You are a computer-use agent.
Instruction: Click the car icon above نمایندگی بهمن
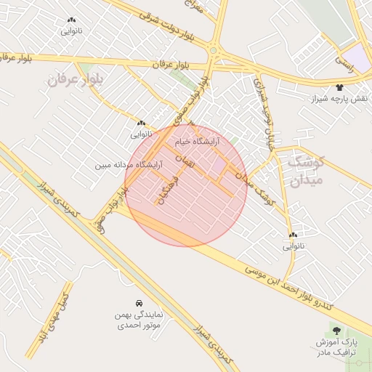coord(139,302)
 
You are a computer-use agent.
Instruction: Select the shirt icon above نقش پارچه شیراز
coord(339,87)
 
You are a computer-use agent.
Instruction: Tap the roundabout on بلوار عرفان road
coord(214,51)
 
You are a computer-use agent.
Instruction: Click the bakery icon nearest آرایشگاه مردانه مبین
coord(141,124)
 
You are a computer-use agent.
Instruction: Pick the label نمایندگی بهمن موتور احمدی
coord(139,321)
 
